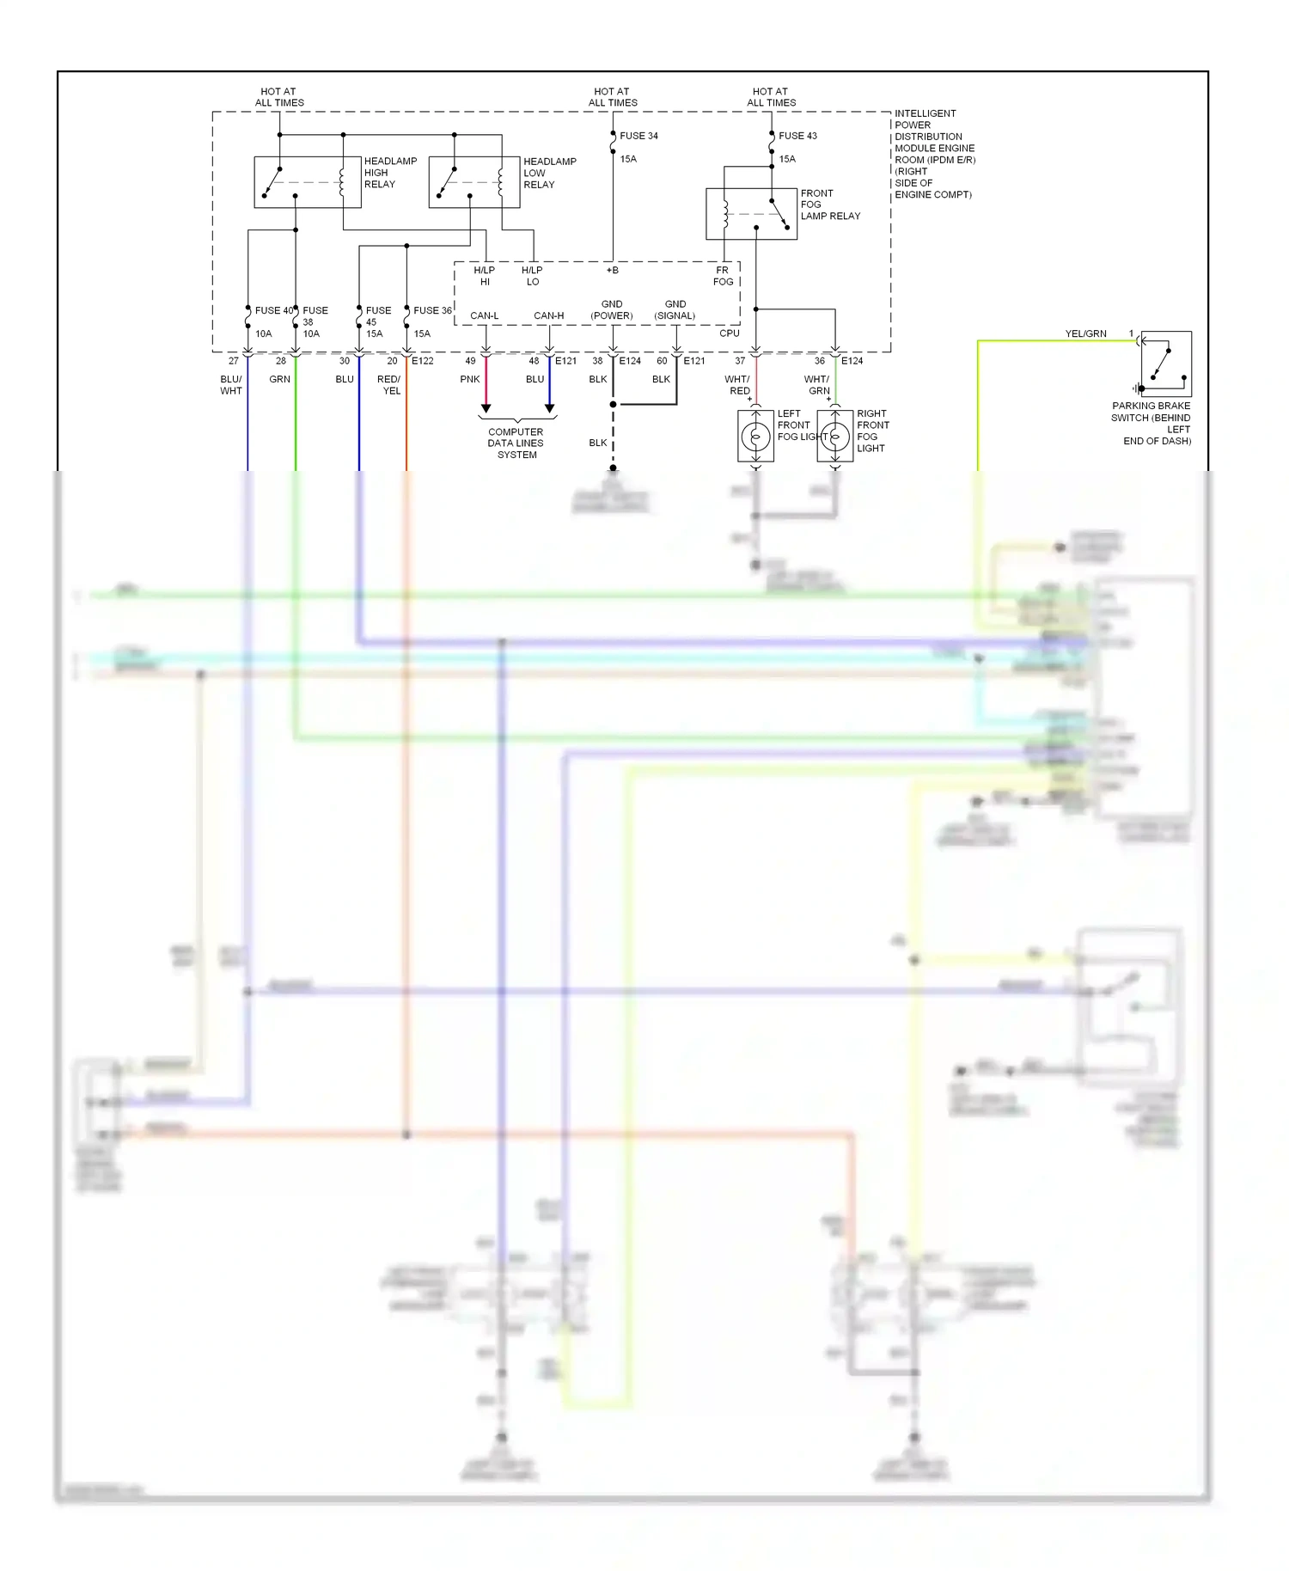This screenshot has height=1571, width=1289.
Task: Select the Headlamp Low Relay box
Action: point(473,182)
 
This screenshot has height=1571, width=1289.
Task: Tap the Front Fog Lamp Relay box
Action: point(751,214)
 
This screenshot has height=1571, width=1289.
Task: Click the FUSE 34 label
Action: point(638,136)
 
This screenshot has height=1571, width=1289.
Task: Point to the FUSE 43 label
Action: point(797,136)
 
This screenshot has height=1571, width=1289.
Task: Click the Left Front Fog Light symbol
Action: point(755,437)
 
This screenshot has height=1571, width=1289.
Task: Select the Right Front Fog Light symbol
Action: point(834,437)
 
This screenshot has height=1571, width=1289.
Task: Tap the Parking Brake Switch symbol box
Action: point(1165,364)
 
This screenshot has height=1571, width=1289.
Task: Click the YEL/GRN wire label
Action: point(1085,333)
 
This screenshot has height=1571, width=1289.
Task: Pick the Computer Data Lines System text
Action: point(516,443)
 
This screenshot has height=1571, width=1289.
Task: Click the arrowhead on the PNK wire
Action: point(486,408)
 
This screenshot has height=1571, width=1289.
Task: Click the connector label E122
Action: point(422,361)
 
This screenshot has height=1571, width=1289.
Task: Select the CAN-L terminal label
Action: point(484,315)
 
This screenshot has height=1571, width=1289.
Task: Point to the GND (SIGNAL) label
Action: point(675,310)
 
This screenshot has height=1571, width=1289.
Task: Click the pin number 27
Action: point(233,361)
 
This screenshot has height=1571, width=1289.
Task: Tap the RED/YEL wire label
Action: point(389,385)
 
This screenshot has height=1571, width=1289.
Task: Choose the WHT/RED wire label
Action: point(737,385)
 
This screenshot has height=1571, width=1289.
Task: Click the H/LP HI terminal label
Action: point(484,276)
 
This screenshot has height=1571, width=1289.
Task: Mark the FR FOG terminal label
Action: point(723,276)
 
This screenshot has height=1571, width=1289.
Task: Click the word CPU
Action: point(729,333)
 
